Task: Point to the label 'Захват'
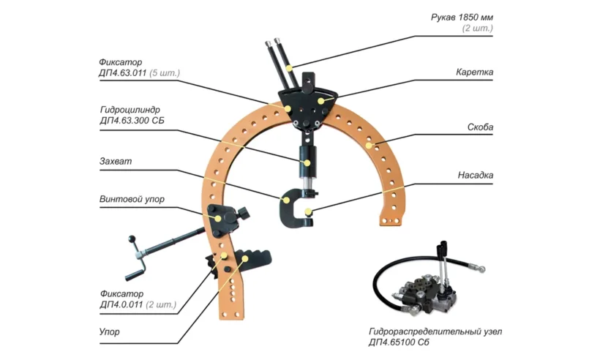(x=116, y=161)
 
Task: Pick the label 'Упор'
(x=110, y=332)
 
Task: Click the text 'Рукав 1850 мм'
(x=462, y=16)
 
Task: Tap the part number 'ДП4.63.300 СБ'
(x=135, y=120)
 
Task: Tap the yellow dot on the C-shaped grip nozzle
(x=310, y=213)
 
